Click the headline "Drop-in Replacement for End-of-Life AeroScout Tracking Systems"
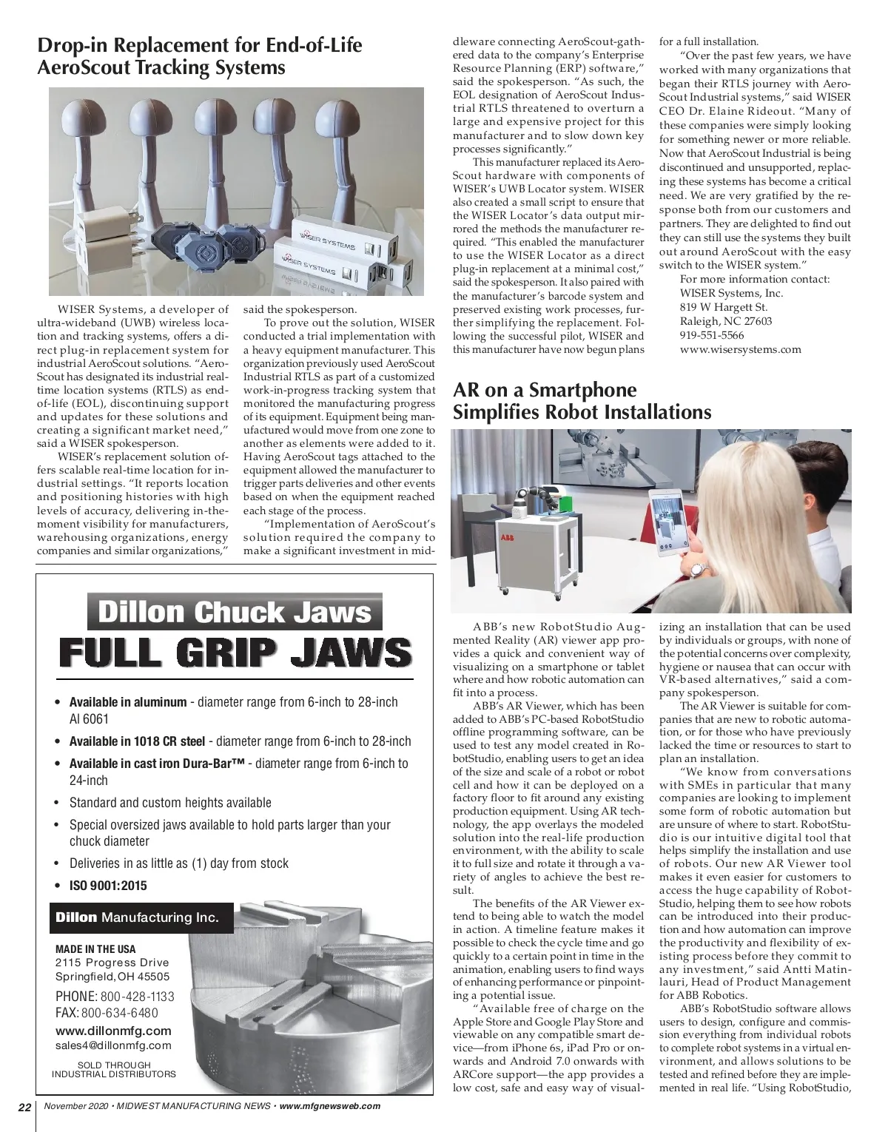point(200,56)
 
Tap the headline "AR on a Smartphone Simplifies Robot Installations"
point(582,400)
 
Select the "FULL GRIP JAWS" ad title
point(235,652)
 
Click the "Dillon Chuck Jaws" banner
point(235,613)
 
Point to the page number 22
point(24,1108)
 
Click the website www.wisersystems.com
point(740,349)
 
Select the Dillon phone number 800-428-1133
point(137,997)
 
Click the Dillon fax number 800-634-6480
point(119,1013)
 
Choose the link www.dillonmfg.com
point(113,1031)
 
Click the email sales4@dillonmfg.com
point(113,1045)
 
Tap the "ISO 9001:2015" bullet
point(108,885)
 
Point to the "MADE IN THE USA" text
point(95,949)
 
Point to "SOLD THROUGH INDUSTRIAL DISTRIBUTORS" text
point(113,1069)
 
